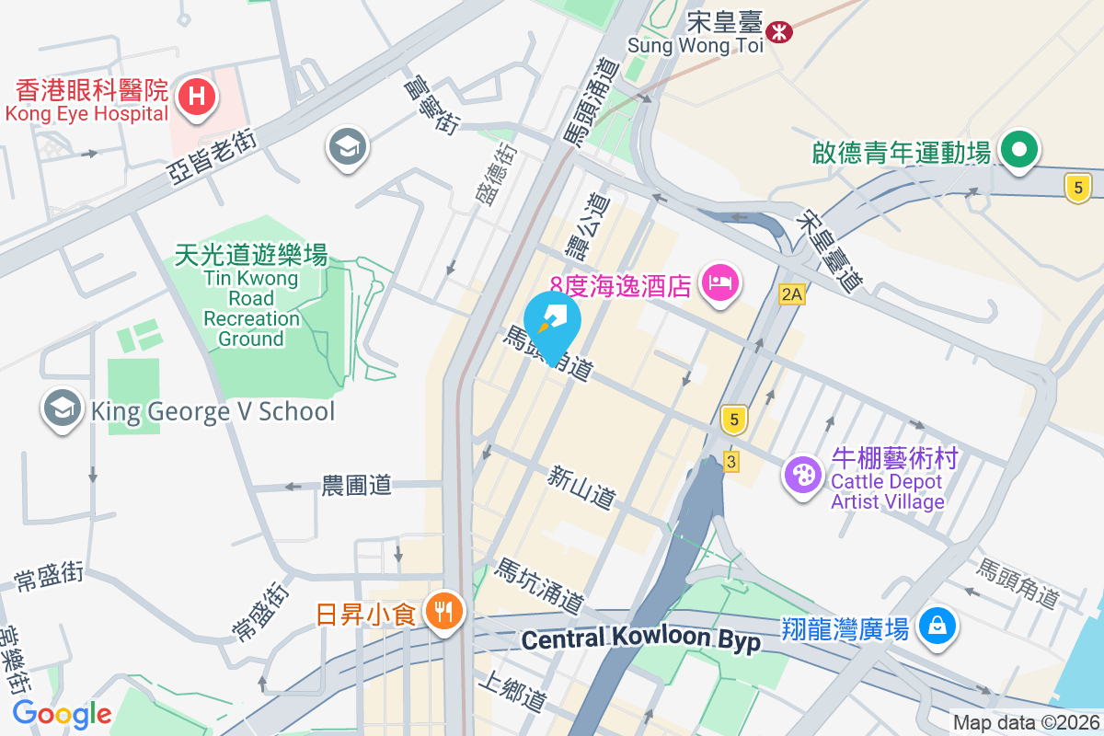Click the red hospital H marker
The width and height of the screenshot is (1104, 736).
(197, 96)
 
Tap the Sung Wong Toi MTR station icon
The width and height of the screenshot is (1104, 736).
(780, 31)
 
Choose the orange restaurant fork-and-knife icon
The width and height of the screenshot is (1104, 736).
(444, 610)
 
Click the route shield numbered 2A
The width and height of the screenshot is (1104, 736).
(791, 294)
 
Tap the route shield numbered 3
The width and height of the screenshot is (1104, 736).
(730, 462)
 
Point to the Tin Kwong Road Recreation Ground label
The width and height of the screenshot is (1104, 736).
(251, 297)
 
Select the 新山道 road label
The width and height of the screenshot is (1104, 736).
(581, 488)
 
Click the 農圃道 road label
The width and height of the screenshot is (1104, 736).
(356, 485)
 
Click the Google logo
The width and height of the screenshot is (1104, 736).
(63, 714)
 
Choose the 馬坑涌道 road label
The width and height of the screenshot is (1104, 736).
(539, 587)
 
